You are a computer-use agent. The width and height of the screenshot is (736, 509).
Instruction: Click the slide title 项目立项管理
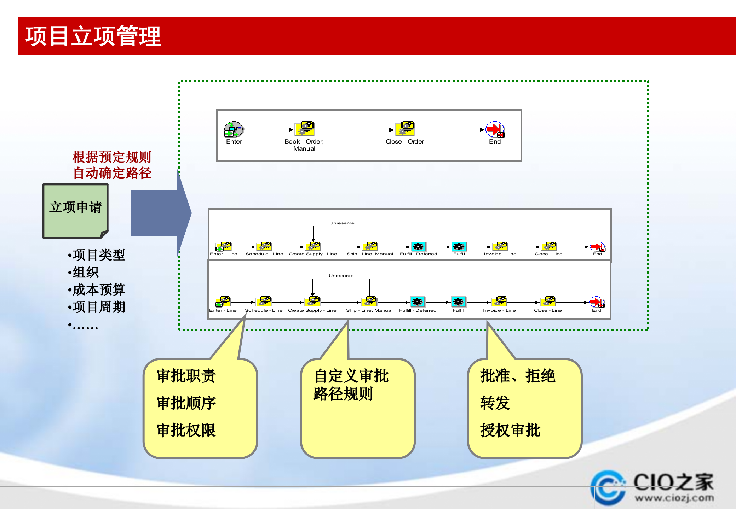tap(93, 36)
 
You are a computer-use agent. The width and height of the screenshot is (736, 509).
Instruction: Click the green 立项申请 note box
tap(75, 210)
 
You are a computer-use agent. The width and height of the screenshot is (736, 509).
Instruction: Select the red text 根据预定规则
tap(111, 157)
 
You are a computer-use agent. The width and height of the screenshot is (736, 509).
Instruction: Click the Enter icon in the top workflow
tap(234, 130)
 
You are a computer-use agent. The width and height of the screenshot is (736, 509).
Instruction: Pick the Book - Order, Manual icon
tap(305, 129)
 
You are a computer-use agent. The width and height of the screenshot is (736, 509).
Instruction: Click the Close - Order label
tap(404, 141)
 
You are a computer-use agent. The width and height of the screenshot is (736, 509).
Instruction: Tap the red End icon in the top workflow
tap(495, 130)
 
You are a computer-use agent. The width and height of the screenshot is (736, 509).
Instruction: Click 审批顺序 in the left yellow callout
tap(186, 403)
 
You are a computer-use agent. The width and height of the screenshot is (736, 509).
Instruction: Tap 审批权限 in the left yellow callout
tap(186, 430)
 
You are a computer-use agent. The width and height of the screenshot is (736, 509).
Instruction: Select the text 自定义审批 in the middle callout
tap(351, 376)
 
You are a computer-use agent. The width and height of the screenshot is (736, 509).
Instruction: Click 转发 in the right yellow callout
tap(495, 403)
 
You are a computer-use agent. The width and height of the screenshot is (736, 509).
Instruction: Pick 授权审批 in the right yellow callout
tap(510, 430)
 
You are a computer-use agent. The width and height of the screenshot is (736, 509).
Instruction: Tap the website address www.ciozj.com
tap(674, 498)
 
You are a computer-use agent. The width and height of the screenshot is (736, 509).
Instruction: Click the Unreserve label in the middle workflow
tap(342, 223)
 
